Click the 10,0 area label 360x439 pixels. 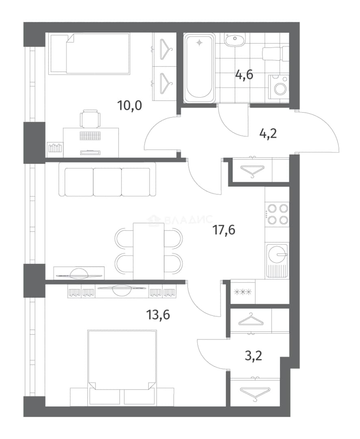[x=130, y=106]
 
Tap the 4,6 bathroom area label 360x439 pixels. [x=244, y=75]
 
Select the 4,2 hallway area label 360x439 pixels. [x=268, y=134]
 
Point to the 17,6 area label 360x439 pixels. [x=224, y=230]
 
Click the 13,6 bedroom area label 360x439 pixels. [x=158, y=315]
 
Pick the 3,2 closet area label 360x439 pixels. [x=254, y=356]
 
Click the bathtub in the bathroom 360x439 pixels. [x=200, y=68]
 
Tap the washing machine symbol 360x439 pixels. [x=278, y=87]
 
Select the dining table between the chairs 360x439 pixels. [x=148, y=251]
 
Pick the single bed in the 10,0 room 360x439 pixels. [x=89, y=54]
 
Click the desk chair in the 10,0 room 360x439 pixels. [x=90, y=118]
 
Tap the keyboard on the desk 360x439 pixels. [x=90, y=136]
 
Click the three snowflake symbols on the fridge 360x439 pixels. [x=243, y=292]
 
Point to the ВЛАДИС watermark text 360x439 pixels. [x=180, y=220]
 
